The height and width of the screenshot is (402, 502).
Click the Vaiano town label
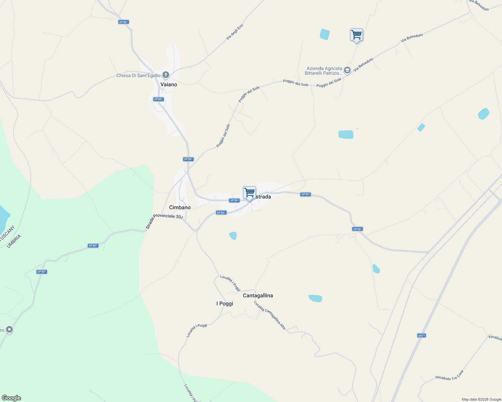click(168, 84)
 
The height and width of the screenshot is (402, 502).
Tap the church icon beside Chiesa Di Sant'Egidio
click(165, 75)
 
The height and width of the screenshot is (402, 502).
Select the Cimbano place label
click(180, 207)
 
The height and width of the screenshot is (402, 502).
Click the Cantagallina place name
click(258, 295)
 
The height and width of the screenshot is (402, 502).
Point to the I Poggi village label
click(224, 304)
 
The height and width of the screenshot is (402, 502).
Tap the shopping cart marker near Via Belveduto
click(356, 35)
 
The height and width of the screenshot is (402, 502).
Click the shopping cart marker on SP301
click(249, 193)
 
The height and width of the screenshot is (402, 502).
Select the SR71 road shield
click(421, 335)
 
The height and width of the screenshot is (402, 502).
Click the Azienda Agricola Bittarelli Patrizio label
click(323, 71)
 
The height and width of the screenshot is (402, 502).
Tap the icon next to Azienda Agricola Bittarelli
click(347, 70)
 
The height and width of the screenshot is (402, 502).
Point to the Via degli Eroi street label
click(235, 32)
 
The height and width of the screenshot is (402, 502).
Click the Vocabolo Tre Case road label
click(449, 375)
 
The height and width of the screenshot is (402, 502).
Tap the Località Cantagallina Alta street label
click(269, 315)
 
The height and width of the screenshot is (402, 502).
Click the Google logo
click(11, 398)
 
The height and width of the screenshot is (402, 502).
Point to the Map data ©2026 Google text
click(481, 399)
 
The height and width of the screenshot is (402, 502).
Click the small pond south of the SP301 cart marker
click(233, 236)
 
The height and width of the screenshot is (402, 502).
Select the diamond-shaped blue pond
click(421, 127)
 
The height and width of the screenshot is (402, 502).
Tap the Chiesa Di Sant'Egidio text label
click(138, 75)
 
